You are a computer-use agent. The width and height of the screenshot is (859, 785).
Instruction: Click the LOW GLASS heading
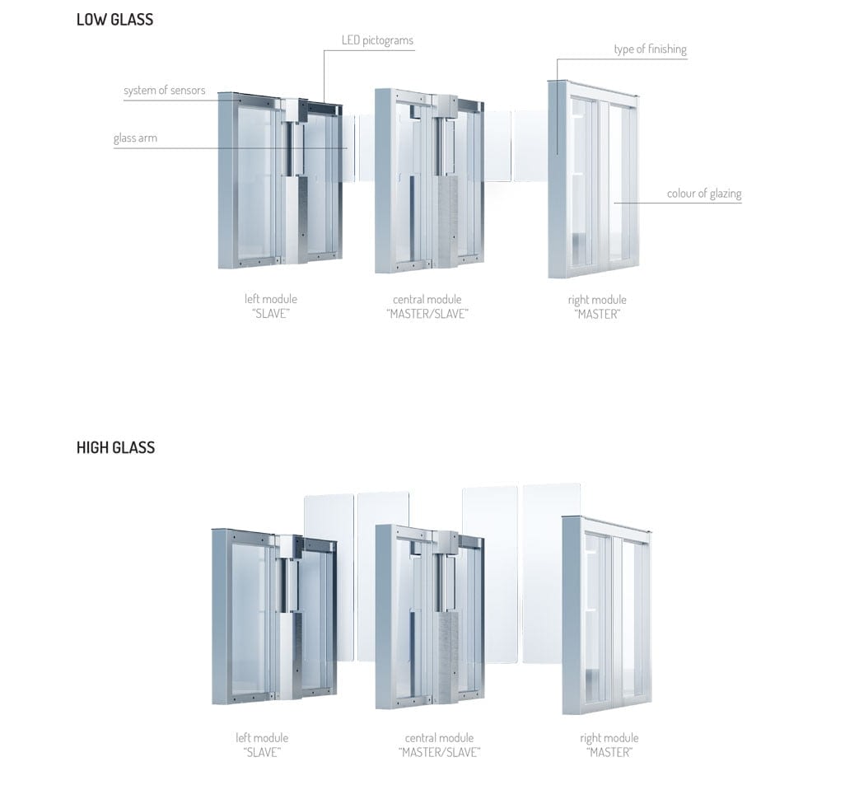tap(114, 20)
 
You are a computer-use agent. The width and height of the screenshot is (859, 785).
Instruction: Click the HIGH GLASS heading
tap(115, 447)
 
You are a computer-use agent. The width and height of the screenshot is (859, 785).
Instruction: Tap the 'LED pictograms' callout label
tap(377, 40)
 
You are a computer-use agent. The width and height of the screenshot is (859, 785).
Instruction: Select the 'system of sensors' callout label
tap(165, 91)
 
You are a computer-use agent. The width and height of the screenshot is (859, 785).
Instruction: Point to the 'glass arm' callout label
tap(135, 138)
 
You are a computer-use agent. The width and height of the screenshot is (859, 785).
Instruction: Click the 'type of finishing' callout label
tap(651, 49)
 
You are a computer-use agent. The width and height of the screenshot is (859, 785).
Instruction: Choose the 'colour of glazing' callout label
tap(704, 194)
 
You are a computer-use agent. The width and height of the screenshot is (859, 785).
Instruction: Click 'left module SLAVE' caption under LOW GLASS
tap(271, 306)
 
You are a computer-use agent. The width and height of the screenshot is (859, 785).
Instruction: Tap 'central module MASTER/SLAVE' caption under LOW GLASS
tap(427, 306)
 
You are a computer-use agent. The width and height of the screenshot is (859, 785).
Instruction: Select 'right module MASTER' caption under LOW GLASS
tap(597, 306)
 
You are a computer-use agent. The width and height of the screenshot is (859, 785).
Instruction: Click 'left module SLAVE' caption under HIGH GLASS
tap(262, 745)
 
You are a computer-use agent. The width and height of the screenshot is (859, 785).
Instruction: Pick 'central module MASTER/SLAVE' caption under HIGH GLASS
tap(439, 745)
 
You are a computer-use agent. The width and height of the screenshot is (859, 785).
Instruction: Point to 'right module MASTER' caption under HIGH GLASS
tap(609, 745)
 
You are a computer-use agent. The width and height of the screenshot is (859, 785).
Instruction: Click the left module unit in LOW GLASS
tap(280, 180)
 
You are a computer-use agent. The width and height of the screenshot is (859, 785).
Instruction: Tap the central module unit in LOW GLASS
tap(430, 180)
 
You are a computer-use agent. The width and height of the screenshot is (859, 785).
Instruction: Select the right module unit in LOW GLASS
tap(593, 180)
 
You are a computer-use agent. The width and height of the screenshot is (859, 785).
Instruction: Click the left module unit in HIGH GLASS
tap(274, 617)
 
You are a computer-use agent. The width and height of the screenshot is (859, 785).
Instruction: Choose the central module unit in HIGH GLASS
tap(430, 617)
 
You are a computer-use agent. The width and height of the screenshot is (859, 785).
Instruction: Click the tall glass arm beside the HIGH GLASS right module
tap(551, 573)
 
